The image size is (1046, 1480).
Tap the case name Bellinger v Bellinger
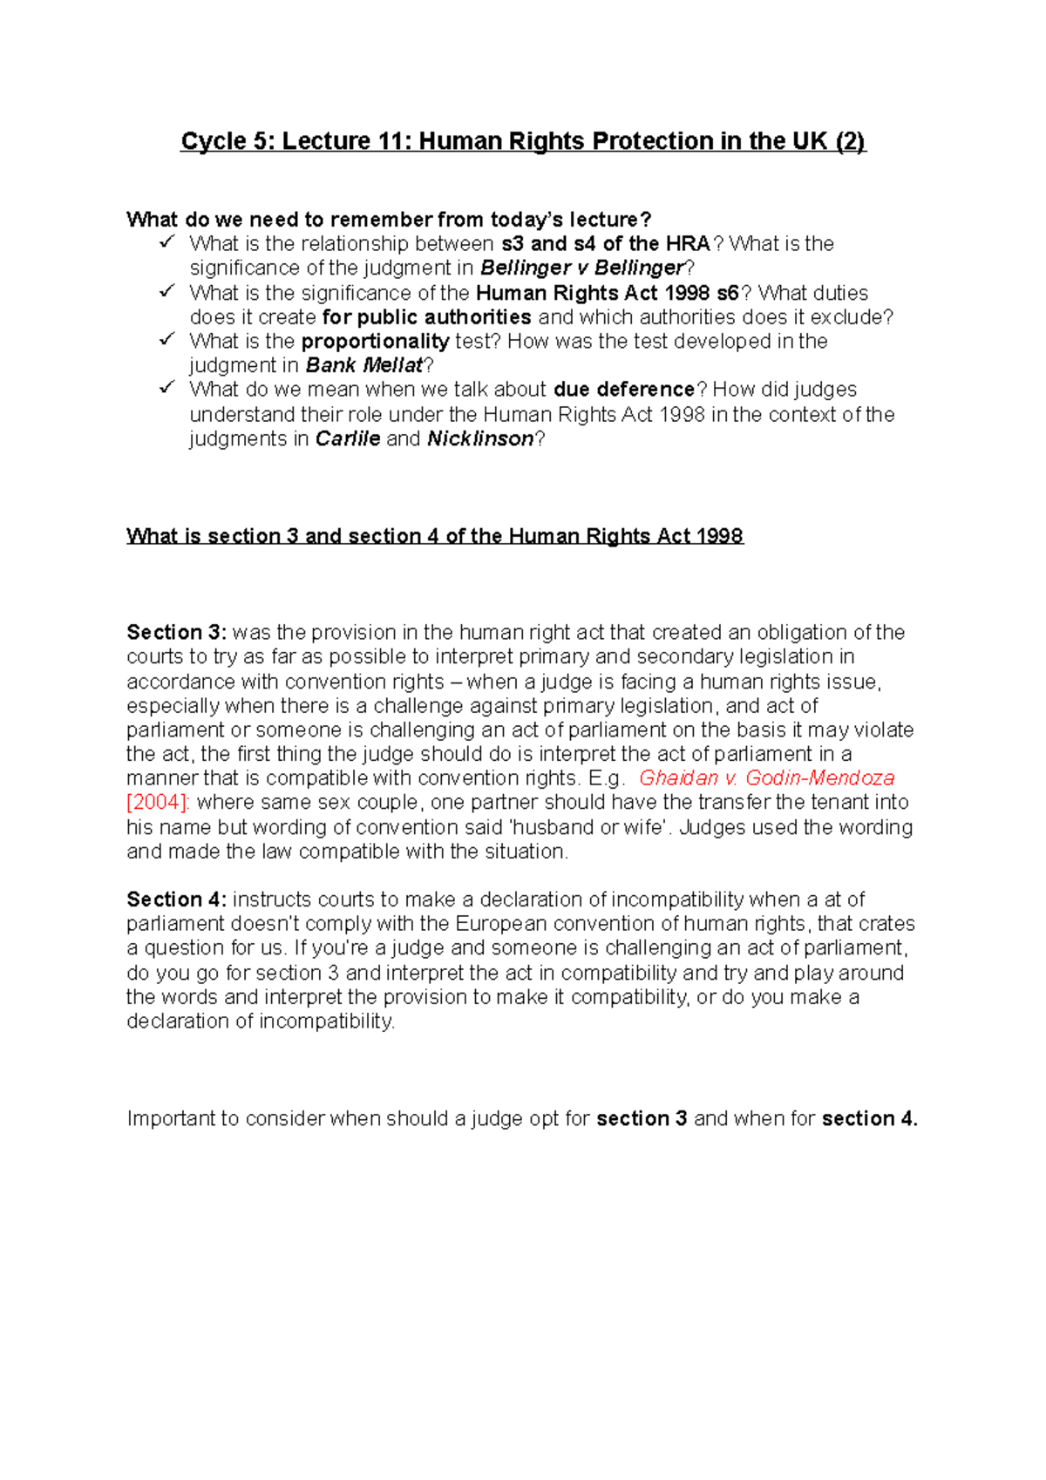click(582, 268)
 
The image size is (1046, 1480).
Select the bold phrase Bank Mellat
click(364, 365)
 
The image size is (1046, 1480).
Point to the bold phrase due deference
click(624, 389)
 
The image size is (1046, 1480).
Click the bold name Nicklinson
click(480, 438)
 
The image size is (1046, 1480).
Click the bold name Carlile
click(348, 438)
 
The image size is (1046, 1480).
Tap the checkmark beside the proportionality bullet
click(166, 339)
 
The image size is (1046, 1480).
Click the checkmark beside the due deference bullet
click(166, 387)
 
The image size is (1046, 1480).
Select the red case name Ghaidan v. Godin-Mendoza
click(766, 777)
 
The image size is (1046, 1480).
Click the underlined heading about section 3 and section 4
click(434, 536)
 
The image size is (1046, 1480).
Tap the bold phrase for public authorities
click(427, 316)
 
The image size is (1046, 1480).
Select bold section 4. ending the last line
click(869, 1118)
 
